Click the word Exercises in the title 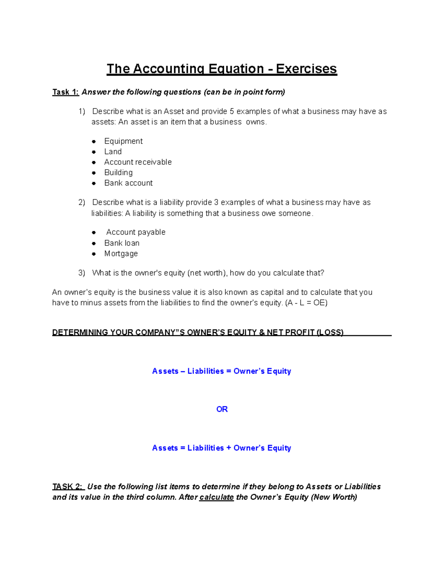306,69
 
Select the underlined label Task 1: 65,92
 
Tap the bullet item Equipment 123,141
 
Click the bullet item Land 113,151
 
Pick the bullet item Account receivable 138,162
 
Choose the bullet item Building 118,172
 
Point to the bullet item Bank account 128,183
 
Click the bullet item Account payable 135,232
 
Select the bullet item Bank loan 122,243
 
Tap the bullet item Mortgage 121,254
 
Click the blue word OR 222,409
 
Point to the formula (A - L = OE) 306,302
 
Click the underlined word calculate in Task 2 216,497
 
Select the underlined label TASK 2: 68,487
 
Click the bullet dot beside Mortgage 94,254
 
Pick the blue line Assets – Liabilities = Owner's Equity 222,371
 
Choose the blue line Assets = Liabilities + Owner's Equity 222,448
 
